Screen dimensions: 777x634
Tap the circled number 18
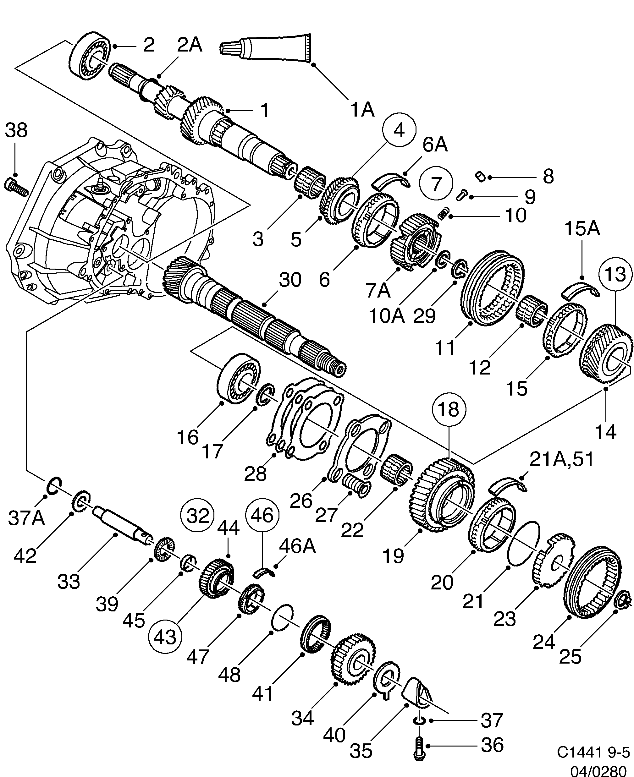click(449, 409)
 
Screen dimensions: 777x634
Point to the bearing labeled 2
click(90, 55)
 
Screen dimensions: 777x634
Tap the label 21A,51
click(561, 459)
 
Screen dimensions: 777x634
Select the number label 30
click(290, 280)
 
